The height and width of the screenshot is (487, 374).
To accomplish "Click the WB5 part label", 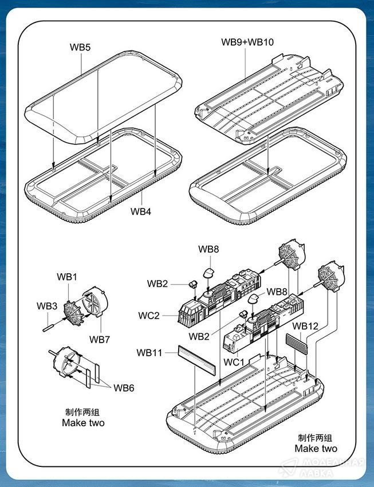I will click(81, 48).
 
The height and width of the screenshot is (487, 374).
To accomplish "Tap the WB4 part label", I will click(140, 211).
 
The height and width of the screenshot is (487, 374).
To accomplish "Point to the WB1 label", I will click(66, 277).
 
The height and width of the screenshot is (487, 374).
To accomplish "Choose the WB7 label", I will click(99, 339).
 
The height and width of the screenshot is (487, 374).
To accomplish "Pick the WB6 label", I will click(123, 388).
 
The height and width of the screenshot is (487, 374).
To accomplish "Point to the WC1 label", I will click(234, 362).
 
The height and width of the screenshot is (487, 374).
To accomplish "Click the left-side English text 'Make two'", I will click(83, 423).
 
